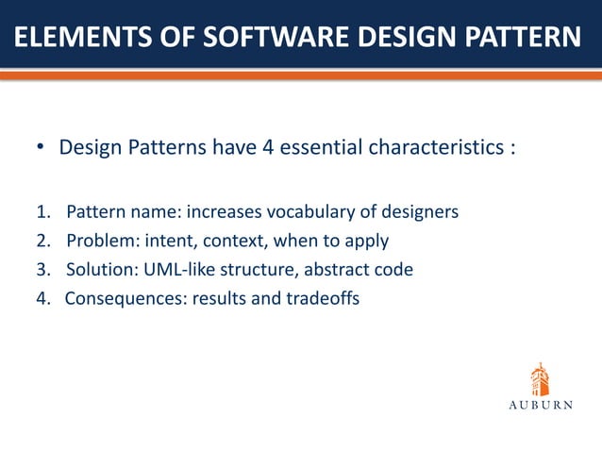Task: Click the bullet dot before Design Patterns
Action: click(41, 149)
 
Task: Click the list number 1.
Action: click(42, 211)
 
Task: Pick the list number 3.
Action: click(42, 270)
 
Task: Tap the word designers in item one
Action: click(423, 211)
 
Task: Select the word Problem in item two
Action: click(96, 241)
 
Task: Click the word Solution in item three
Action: click(97, 270)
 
